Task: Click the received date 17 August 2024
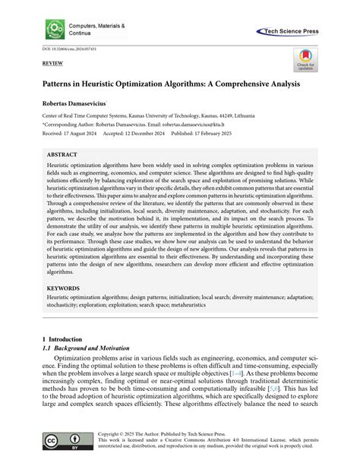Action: [x=80, y=130]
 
